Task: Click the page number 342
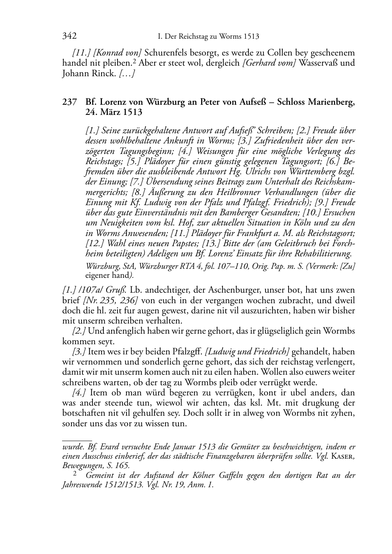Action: coord(69,36)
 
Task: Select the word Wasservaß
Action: coord(319,63)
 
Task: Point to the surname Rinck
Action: coord(103,73)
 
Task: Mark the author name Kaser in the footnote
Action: coord(342,456)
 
